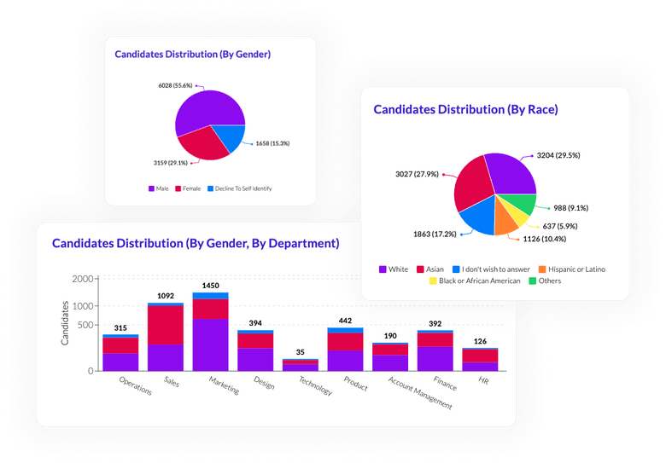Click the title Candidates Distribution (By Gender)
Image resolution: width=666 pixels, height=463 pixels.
tap(192, 54)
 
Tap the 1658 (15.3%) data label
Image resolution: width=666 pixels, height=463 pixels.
tap(272, 143)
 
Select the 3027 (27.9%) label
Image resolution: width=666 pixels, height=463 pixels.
tap(416, 174)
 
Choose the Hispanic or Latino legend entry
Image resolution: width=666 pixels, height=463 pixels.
tap(575, 269)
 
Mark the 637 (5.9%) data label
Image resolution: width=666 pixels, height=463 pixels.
tap(559, 226)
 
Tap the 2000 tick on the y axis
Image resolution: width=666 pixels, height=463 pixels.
tap(83, 280)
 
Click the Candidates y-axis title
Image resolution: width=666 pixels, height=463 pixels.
tap(65, 323)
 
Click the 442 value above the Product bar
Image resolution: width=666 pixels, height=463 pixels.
tap(345, 320)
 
